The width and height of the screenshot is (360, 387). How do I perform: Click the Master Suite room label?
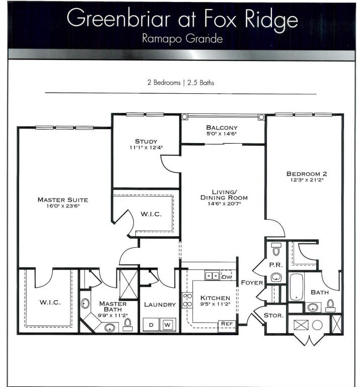62,200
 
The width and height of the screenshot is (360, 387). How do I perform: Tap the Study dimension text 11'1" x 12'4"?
146,148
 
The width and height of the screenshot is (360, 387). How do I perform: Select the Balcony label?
222,127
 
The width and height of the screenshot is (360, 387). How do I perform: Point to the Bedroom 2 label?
307,174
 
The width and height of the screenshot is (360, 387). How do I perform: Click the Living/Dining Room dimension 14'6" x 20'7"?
224,204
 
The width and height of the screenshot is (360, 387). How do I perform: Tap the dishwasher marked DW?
227,276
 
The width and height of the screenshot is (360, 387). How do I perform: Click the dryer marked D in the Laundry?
151,325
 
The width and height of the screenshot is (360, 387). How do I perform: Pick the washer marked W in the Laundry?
168,325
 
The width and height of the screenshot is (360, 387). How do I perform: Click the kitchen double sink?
212,276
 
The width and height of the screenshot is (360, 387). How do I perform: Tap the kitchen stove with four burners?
187,300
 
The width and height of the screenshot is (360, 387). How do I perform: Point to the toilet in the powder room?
276,249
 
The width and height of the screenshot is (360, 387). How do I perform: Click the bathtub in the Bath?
296,287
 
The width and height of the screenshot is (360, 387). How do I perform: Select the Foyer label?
252,283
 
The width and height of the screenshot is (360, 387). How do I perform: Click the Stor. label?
274,315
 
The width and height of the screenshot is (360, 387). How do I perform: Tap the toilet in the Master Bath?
127,325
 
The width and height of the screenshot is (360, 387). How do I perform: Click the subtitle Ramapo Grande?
182,39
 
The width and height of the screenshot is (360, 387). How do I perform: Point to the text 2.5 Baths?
201,83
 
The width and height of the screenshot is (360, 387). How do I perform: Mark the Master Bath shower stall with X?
128,284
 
